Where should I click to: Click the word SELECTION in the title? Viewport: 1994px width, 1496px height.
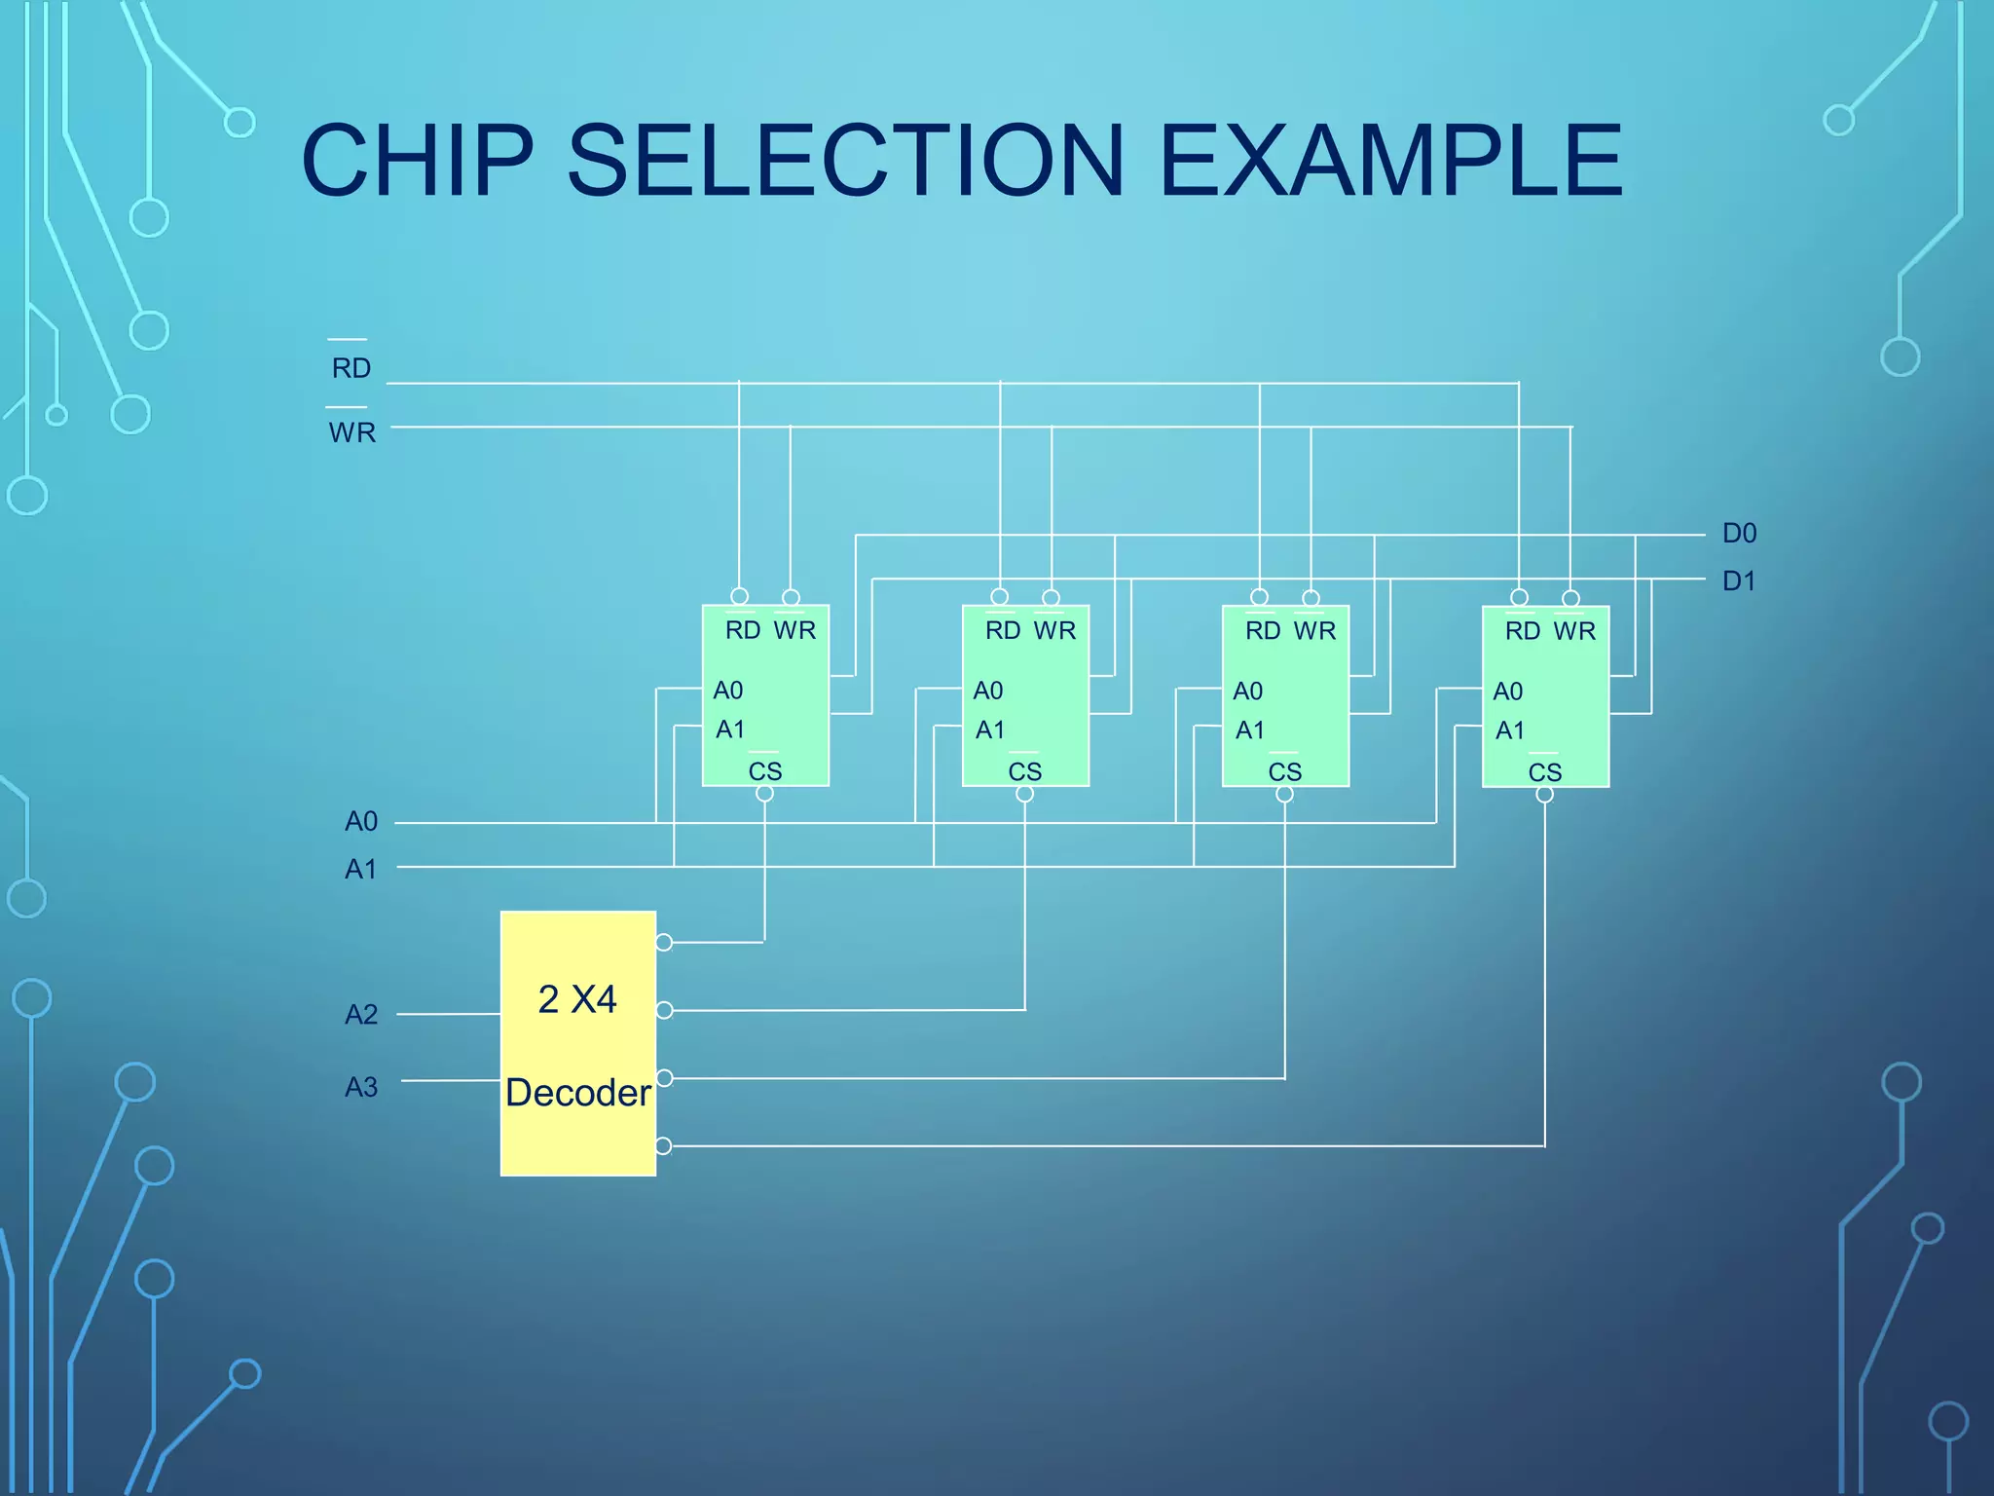(x=845, y=161)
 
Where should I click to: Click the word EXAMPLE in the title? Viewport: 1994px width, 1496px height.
(x=1390, y=161)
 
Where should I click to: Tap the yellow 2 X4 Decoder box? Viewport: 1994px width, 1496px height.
(x=577, y=1043)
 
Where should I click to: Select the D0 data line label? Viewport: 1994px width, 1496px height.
(x=1739, y=534)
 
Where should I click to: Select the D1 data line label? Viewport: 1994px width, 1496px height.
(x=1739, y=581)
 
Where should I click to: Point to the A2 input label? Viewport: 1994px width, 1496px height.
(x=361, y=1015)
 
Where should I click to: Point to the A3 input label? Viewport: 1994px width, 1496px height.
(x=361, y=1087)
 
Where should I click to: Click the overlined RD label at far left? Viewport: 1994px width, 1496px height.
(x=351, y=367)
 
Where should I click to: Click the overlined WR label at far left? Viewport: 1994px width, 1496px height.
(x=351, y=431)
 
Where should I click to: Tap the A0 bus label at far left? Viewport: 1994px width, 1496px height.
(x=361, y=822)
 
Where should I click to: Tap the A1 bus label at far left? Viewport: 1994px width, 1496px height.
(x=361, y=869)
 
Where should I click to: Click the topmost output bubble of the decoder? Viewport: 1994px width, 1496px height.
(x=664, y=942)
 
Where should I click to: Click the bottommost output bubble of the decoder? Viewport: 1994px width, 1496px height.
(x=664, y=1145)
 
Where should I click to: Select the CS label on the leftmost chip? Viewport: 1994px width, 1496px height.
(x=765, y=771)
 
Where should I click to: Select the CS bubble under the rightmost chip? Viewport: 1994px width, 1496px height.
(x=1545, y=795)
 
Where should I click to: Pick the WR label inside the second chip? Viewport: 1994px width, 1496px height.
(x=1054, y=631)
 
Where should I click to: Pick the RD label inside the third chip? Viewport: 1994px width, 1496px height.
(x=1263, y=631)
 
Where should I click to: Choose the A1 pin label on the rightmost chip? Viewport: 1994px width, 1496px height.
(x=1509, y=730)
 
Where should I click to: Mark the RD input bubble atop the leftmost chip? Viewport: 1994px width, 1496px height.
(x=739, y=596)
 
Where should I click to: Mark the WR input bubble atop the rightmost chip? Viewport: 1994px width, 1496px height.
(x=1570, y=598)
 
